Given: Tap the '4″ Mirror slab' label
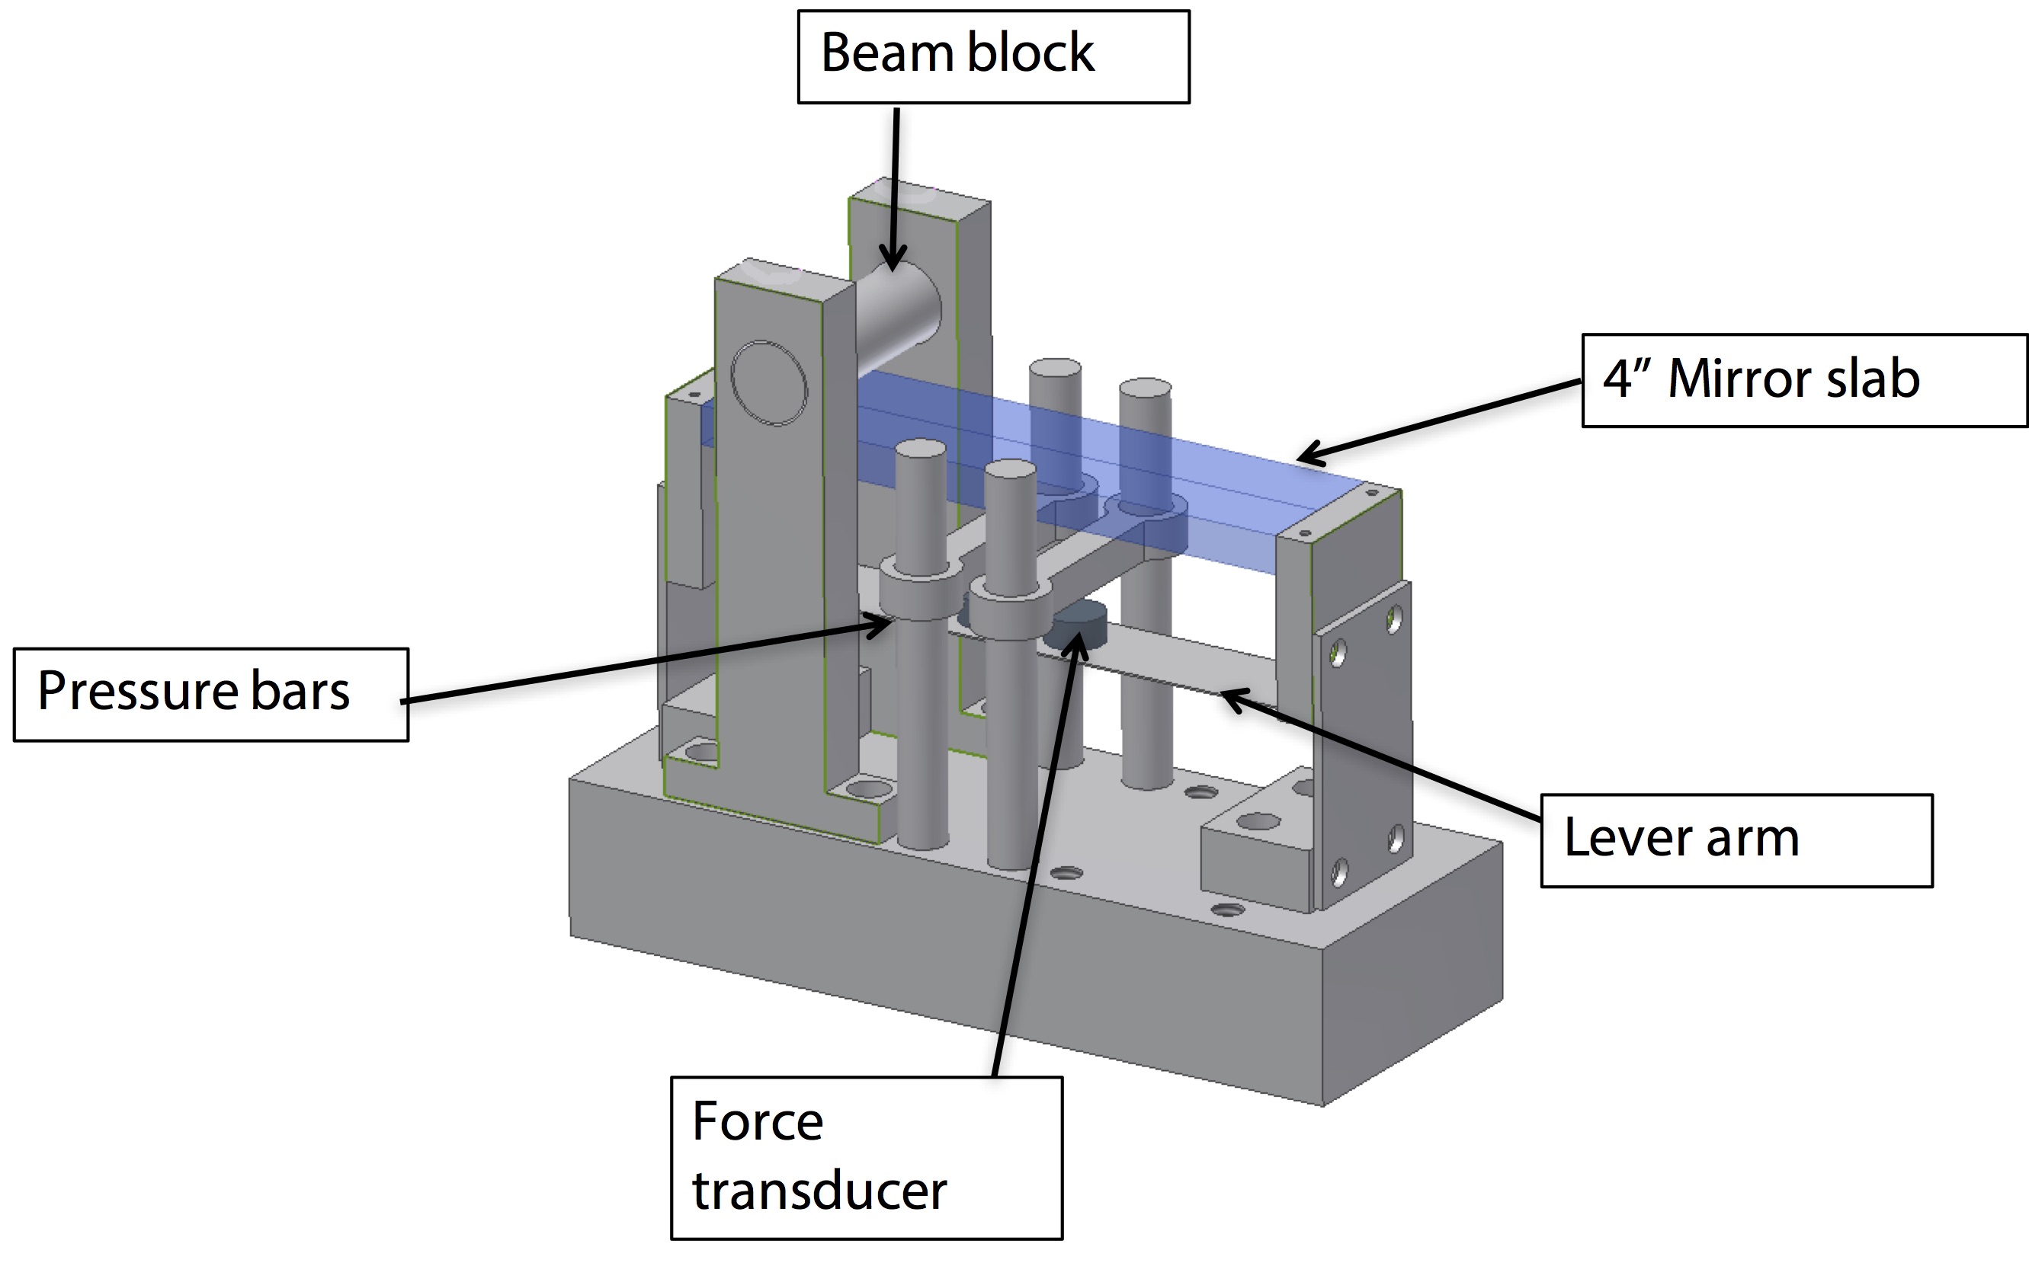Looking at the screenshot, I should [x=1803, y=381].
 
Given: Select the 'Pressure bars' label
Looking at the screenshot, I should [x=210, y=694].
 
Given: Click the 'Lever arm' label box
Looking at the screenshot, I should [x=1736, y=839].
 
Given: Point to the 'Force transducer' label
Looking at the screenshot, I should [x=866, y=1157].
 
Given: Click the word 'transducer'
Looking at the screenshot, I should [x=819, y=1191].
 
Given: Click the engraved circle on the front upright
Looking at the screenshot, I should [x=768, y=383].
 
